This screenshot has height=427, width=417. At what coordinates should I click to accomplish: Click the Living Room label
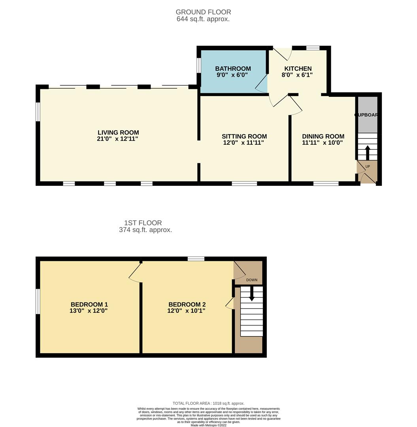tap(118, 132)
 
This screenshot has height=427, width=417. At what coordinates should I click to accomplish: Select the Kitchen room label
tap(298, 68)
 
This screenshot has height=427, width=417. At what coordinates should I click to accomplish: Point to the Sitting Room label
tap(244, 136)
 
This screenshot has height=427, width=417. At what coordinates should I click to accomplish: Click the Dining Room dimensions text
tap(323, 143)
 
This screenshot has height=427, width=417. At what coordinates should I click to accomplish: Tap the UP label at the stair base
tap(368, 166)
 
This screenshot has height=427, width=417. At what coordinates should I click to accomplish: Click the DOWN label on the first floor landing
tap(252, 280)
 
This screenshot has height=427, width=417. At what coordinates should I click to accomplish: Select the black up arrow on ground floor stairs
tap(368, 153)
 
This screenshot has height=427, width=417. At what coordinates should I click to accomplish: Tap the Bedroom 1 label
tap(89, 304)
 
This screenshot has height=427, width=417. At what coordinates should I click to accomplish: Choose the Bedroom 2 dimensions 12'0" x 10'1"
tap(186, 311)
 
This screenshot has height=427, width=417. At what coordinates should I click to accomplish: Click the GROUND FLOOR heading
tap(203, 12)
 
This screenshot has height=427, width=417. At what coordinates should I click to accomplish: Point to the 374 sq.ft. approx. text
tap(145, 230)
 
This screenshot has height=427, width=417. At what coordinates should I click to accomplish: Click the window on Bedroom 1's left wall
tap(38, 301)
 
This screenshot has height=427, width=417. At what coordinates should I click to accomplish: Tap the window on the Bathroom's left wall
tap(199, 66)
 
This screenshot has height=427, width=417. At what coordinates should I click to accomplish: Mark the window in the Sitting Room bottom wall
tap(244, 183)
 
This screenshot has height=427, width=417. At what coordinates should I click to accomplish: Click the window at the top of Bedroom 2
tap(196, 259)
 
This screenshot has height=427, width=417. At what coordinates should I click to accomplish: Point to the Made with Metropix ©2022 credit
tap(208, 425)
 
